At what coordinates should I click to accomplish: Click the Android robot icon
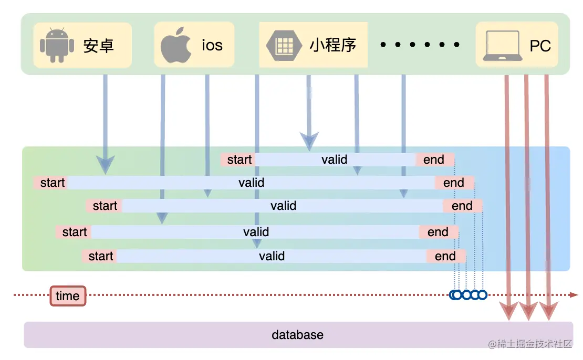[57, 45]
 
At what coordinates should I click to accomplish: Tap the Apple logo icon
[175, 45]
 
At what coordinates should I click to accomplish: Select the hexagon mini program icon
[284, 45]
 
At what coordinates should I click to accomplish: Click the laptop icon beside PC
[502, 46]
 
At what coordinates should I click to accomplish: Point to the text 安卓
[99, 46]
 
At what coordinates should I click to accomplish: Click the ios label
[212, 45]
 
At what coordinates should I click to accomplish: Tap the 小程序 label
[333, 45]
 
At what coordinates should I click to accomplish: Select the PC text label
[540, 46]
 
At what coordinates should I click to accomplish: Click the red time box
[68, 296]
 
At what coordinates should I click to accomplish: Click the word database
[297, 335]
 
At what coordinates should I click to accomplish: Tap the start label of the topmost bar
[239, 160]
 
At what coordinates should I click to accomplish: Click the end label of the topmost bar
[433, 160]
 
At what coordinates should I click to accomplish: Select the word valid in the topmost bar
[334, 160]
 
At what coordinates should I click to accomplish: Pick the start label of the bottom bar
[100, 256]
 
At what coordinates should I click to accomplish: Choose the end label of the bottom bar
[445, 256]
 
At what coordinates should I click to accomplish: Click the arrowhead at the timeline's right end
[574, 295]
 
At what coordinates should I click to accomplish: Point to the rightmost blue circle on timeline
[482, 295]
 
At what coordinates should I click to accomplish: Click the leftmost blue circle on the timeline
[455, 295]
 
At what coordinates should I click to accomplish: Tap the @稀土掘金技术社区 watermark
[529, 344]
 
